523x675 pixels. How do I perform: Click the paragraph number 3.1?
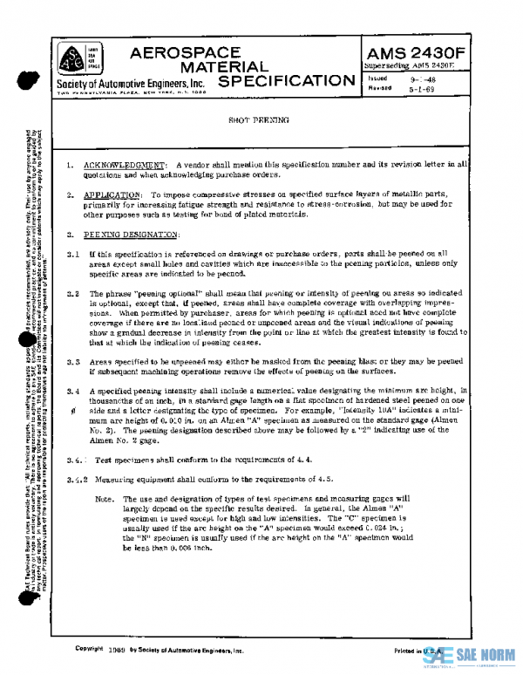(73, 255)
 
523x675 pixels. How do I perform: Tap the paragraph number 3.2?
(73, 295)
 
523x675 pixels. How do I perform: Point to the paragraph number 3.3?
(73, 359)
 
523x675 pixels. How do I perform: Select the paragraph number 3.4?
(73, 392)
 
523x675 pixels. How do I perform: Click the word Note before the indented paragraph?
(105, 499)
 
